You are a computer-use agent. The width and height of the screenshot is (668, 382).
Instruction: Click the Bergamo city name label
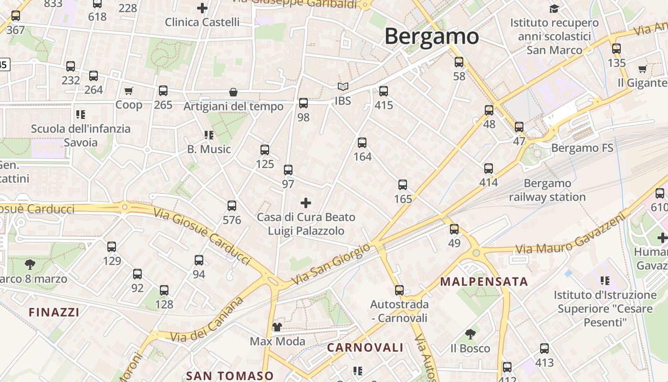click(431, 36)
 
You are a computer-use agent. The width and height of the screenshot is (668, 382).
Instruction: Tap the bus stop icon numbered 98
click(303, 103)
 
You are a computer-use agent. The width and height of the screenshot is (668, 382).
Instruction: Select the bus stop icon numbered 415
click(384, 91)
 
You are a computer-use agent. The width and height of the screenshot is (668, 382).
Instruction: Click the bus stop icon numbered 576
click(232, 206)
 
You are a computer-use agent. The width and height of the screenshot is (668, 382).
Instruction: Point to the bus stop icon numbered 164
click(362, 142)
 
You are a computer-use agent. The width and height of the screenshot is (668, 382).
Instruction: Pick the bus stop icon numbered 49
click(454, 229)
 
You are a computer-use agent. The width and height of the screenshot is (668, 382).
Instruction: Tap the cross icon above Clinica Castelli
click(202, 8)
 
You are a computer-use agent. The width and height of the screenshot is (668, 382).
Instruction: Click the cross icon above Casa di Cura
click(306, 203)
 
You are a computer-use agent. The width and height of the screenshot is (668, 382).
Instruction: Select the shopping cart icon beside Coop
click(128, 91)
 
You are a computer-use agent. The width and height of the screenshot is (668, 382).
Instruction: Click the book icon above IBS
click(343, 87)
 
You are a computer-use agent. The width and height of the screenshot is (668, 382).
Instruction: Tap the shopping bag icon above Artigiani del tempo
click(233, 92)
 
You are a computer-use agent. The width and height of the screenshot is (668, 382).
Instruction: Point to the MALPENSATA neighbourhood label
click(484, 281)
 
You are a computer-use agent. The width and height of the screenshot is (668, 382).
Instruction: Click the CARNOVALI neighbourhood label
click(365, 348)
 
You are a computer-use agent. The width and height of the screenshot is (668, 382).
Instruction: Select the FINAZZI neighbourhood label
click(54, 312)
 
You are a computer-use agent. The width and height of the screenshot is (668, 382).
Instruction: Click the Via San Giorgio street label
click(330, 264)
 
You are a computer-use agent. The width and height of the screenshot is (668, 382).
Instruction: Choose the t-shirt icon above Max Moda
click(277, 327)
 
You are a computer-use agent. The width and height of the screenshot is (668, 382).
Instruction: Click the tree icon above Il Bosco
click(470, 334)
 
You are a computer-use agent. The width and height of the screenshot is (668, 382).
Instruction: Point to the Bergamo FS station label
click(582, 148)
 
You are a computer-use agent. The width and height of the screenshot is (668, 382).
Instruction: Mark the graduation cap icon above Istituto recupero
click(554, 9)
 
